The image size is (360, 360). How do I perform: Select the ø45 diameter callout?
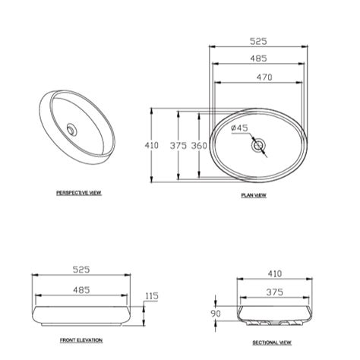[x=239, y=128]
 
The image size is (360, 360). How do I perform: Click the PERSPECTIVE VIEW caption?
[x=79, y=193]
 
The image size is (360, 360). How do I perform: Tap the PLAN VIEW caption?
[x=254, y=195]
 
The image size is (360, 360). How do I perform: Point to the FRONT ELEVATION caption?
[x=81, y=340]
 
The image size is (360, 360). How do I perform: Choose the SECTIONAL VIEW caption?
[x=272, y=342]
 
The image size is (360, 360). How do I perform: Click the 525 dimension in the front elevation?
[x=81, y=270]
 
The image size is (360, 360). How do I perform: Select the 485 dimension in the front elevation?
[x=81, y=289]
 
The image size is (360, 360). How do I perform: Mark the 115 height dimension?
[x=152, y=295]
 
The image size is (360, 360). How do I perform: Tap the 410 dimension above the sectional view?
[x=274, y=273]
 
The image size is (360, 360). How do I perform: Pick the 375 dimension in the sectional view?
[x=274, y=292]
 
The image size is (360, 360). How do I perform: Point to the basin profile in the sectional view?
[x=274, y=314]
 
